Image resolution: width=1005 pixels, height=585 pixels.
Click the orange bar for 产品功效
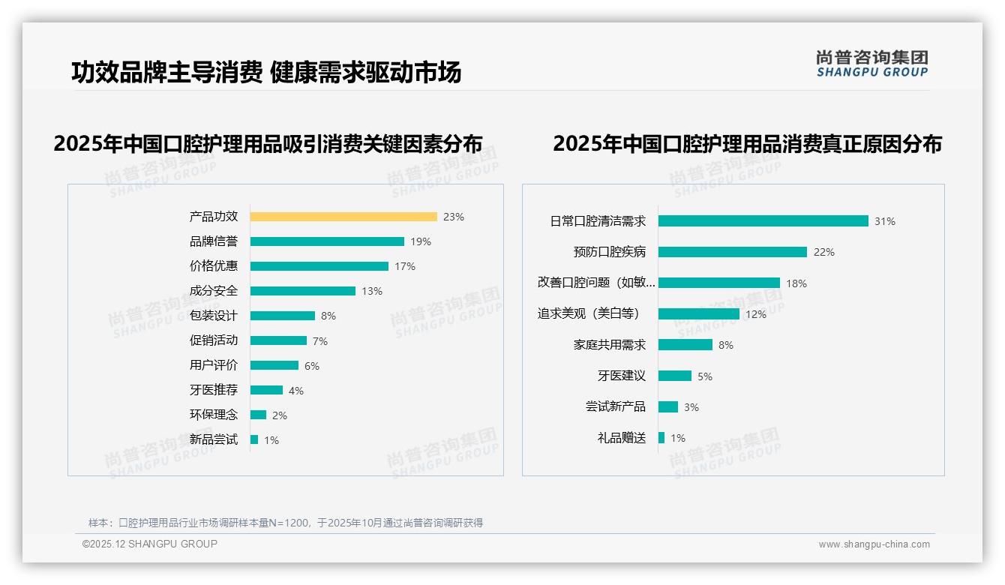click(x=343, y=217)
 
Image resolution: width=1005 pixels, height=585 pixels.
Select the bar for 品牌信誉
click(x=327, y=241)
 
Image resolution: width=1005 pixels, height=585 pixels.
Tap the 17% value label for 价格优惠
click(x=405, y=266)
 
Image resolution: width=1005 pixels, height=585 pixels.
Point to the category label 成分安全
click(x=214, y=291)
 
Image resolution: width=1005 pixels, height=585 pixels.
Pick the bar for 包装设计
click(x=283, y=316)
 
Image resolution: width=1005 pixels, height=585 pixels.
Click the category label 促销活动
click(x=214, y=340)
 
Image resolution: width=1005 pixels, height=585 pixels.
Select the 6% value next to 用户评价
click(x=312, y=366)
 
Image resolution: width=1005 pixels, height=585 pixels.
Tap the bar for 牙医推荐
click(x=266, y=390)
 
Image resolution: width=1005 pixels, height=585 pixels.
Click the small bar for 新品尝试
click(x=254, y=439)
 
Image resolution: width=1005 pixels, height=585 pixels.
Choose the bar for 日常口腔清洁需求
click(x=763, y=221)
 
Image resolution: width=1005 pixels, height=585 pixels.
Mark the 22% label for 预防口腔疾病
click(x=823, y=252)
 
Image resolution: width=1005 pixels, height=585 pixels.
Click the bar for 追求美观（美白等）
click(x=699, y=314)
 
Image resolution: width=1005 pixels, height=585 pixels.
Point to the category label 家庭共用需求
click(x=610, y=345)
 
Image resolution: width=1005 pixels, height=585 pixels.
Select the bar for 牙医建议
click(x=675, y=376)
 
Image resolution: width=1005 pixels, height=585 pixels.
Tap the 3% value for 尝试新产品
click(x=691, y=407)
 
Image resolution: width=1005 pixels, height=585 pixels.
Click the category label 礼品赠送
click(x=622, y=438)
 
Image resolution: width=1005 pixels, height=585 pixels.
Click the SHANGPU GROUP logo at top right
click(x=872, y=64)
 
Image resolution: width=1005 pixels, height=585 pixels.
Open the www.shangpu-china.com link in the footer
click(x=874, y=544)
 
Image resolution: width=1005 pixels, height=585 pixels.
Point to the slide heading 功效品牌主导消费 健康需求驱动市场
click(x=266, y=72)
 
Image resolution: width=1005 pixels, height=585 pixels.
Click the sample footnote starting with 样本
click(x=286, y=523)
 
